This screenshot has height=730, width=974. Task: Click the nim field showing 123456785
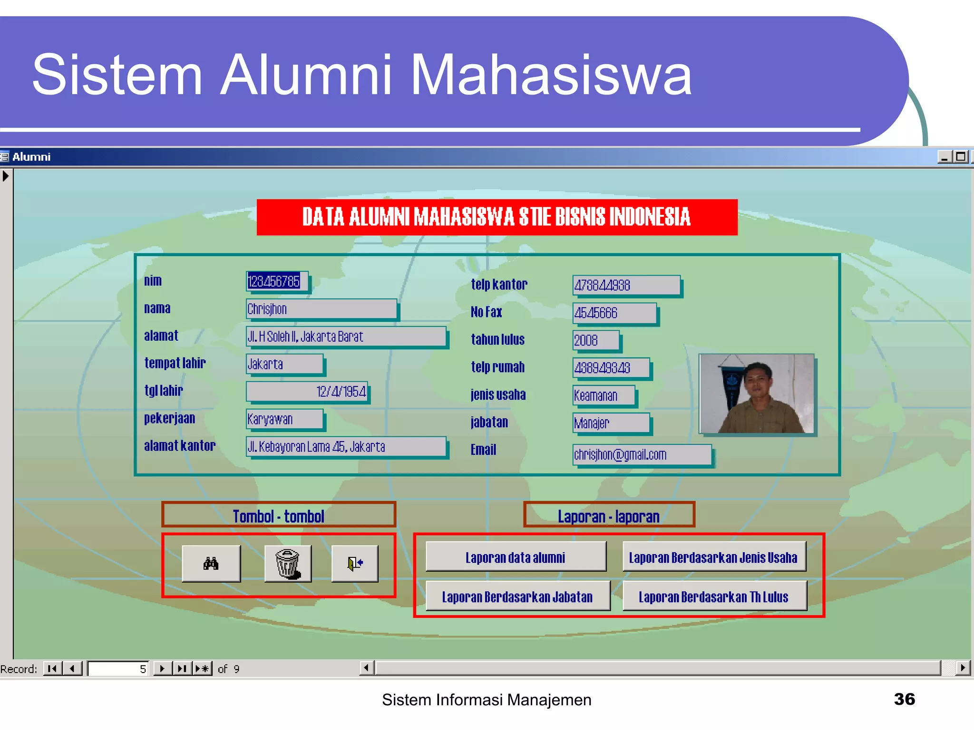[x=276, y=281]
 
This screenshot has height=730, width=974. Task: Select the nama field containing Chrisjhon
[x=321, y=309]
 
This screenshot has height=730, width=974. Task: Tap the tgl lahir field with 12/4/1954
[x=307, y=392]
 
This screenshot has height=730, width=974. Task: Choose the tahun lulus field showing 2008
[x=595, y=340]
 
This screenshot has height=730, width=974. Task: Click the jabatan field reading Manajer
[x=611, y=423]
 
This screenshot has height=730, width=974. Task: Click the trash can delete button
[x=288, y=564]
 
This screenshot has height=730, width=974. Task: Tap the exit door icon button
[x=355, y=564]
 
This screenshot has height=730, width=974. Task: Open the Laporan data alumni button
[x=516, y=557]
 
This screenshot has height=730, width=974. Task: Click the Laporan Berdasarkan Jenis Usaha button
[x=713, y=557]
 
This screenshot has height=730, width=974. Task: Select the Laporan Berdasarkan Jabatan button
[x=517, y=596]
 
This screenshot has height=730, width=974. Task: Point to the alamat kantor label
[x=180, y=446]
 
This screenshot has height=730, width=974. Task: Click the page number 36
[x=904, y=699]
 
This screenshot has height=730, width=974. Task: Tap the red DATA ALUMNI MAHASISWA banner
[x=497, y=217]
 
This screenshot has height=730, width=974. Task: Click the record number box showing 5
[x=118, y=669]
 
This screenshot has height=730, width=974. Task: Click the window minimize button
[x=944, y=157]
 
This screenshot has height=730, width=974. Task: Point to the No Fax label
[x=486, y=312]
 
